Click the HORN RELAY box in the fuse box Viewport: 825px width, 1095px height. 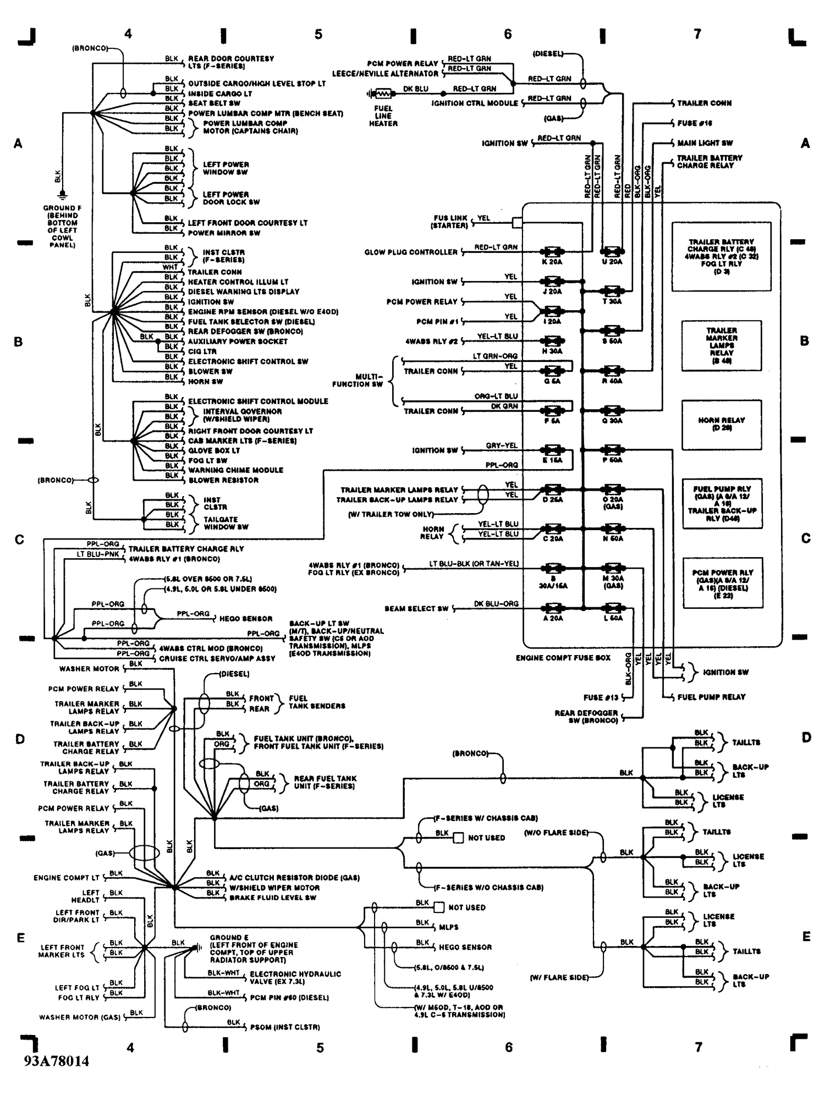pos(722,424)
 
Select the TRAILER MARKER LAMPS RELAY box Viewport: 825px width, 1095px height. pos(722,345)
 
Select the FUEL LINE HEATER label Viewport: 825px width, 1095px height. pos(383,116)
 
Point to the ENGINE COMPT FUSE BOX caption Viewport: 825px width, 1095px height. pos(563,658)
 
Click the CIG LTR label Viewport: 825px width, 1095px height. pos(202,351)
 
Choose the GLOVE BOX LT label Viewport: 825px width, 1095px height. pos(214,450)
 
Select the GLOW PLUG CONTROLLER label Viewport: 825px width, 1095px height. pos(411,252)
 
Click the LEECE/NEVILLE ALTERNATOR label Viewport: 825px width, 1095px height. pos(385,74)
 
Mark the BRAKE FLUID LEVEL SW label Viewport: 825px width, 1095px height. pos(272,898)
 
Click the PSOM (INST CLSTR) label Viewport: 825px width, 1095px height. pos(285,1027)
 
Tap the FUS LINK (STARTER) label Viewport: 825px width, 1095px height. pos(450,222)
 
